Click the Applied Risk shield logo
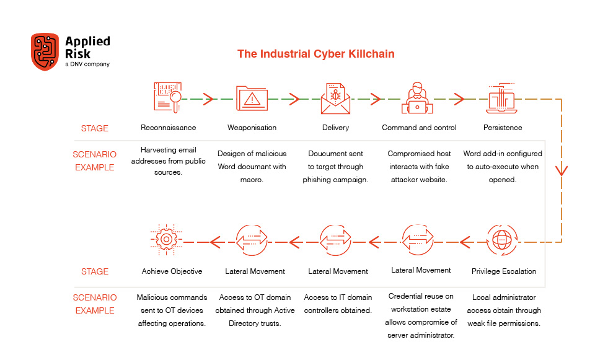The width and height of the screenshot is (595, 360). coord(45,51)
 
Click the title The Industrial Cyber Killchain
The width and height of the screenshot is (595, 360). coord(316,54)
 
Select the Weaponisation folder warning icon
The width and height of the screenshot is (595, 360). coord(252,99)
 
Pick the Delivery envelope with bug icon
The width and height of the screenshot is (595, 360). coord(335,99)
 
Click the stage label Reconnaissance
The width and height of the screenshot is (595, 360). coord(169,128)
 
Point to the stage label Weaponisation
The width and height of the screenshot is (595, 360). coord(252,128)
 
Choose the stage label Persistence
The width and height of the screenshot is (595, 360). coord(503,128)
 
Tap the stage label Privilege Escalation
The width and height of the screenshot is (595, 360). coord(504,271)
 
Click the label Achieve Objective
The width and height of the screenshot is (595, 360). coord(172,271)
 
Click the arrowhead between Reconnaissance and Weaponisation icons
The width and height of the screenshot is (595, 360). coord(209,99)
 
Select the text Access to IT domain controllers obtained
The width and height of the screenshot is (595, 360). coord(338,304)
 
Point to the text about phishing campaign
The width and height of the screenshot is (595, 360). coord(335,167)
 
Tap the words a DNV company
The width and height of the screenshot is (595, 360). coord(87,64)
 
